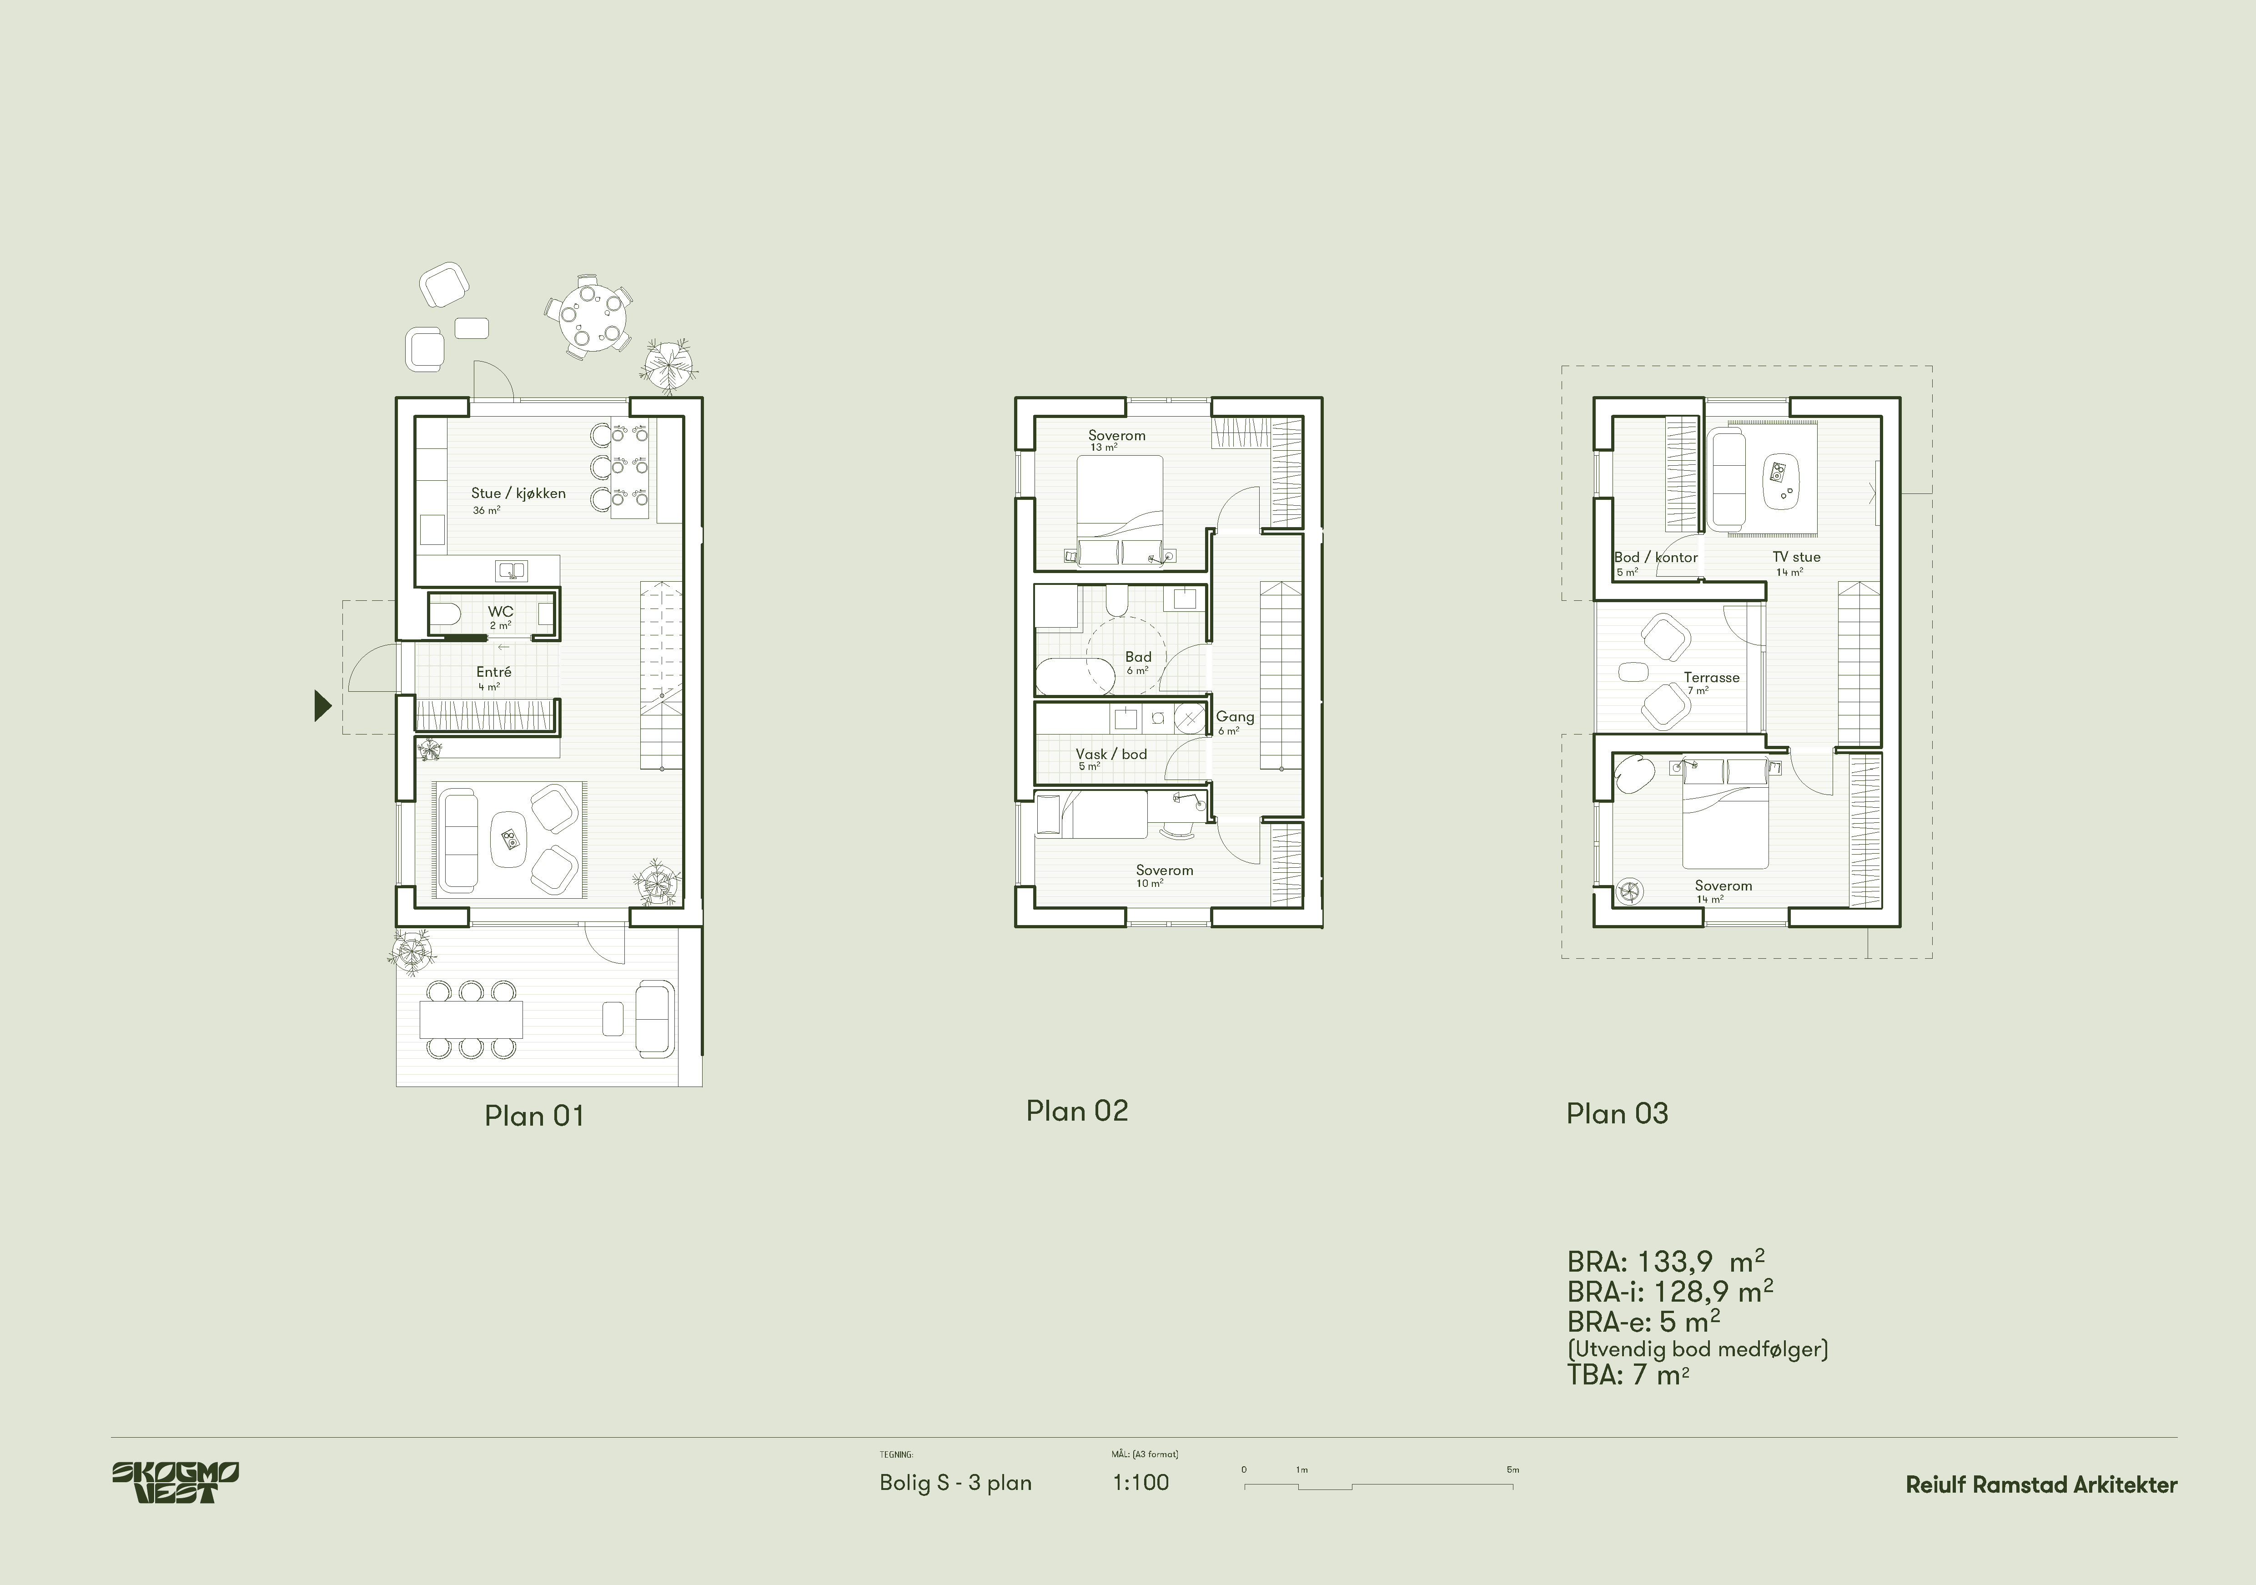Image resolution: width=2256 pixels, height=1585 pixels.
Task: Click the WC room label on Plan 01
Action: click(x=500, y=611)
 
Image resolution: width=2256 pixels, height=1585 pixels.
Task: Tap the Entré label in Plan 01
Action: click(x=493, y=672)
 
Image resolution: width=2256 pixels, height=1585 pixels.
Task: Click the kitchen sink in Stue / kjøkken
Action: click(x=511, y=570)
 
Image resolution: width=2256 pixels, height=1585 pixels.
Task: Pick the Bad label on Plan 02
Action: click(x=1138, y=656)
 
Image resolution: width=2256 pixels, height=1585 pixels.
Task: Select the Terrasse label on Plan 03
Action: click(x=1712, y=677)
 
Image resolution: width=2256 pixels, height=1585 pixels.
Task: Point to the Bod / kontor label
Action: click(x=1656, y=557)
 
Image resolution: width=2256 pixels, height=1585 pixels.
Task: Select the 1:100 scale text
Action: click(x=1141, y=1483)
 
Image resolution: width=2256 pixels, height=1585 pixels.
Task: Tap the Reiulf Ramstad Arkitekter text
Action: click(x=2041, y=1485)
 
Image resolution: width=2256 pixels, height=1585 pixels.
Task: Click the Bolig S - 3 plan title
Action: click(x=955, y=1483)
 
